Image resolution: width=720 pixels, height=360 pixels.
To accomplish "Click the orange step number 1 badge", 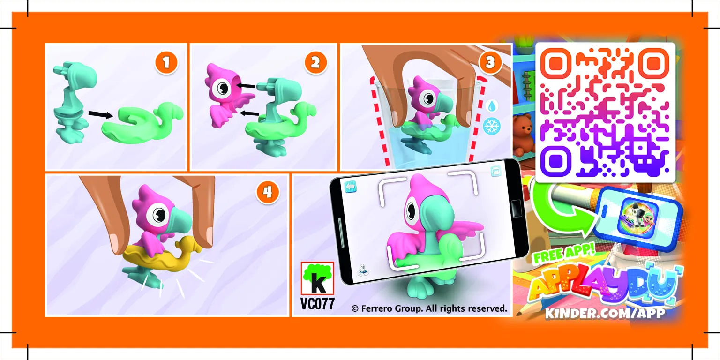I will coord(166,62).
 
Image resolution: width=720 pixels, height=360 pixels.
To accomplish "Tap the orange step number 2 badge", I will coord(315,62).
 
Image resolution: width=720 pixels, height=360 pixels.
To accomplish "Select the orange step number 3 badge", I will coord(490,62).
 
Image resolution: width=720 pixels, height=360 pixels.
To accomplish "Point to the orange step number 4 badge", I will coord(267,193).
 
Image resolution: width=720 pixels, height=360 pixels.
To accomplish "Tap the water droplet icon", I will coord(491,106).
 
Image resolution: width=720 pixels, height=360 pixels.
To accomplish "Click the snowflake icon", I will coord(492,126).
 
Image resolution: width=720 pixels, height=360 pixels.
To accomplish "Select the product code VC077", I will coord(317,304).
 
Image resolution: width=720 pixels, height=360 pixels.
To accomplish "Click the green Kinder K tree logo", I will coord(317,278).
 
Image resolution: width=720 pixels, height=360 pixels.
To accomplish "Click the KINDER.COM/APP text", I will coord(604,313).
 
